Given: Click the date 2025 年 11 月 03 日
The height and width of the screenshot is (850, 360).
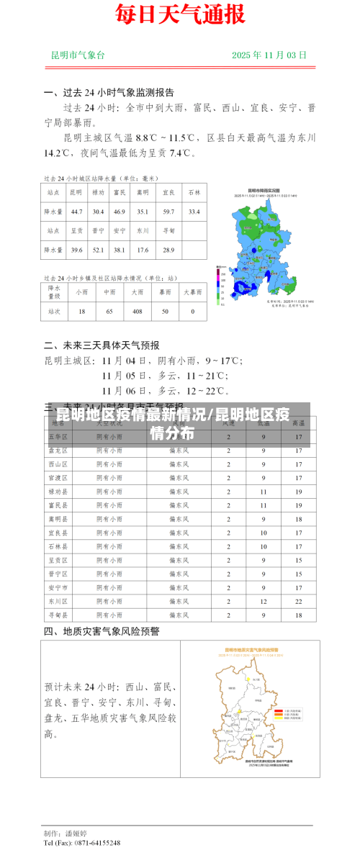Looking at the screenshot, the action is pos(269,55).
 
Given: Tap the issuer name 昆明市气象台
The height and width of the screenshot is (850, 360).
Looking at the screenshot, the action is pos(78,55).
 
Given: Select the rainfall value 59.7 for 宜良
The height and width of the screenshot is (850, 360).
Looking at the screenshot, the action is pos(168,212).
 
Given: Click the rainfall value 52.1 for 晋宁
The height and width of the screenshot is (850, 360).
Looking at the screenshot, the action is pos(98,250).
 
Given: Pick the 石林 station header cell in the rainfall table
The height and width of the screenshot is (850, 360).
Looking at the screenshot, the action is pos(194,193).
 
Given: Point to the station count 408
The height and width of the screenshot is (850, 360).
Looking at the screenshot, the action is pos(137,312).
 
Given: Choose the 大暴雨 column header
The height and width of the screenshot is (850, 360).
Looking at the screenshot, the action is pos(192,292).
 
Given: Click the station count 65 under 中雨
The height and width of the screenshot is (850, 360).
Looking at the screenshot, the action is pos(109,312).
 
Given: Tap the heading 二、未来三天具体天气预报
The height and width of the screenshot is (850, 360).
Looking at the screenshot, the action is pos(102,345).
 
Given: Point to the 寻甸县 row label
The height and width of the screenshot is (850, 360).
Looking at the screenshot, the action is pos(58,615).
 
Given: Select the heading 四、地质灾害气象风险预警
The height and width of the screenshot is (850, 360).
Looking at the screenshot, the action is pos(102,631).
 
